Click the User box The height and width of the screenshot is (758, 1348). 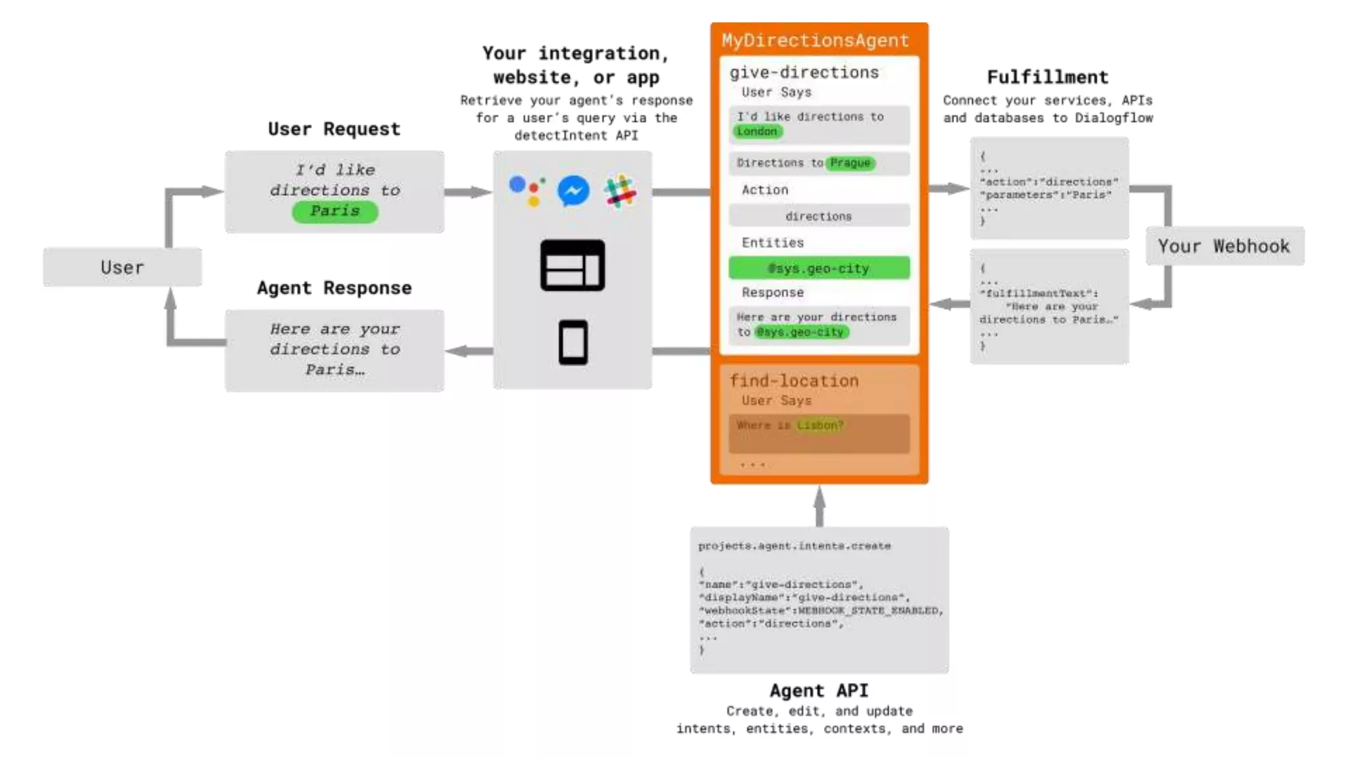(122, 267)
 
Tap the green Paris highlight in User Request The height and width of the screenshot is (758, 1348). (335, 211)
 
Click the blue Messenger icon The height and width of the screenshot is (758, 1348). (573, 191)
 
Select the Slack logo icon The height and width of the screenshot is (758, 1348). (619, 191)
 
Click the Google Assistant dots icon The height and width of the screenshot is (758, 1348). (527, 190)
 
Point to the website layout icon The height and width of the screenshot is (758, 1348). (573, 265)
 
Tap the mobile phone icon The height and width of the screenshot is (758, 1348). (573, 342)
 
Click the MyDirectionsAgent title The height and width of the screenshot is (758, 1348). (815, 40)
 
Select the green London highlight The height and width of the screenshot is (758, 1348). (757, 132)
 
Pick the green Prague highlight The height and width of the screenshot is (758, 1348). (850, 163)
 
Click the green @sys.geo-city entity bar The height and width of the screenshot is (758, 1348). (819, 268)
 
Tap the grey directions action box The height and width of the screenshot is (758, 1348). (819, 216)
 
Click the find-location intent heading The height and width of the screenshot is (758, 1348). (794, 381)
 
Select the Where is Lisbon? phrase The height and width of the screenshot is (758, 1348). (790, 425)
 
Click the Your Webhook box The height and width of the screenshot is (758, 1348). (1224, 246)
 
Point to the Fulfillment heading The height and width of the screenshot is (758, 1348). (1047, 78)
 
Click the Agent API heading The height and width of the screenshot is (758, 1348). (819, 690)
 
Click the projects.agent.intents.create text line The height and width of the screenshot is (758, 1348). (794, 546)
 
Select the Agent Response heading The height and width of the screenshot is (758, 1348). (334, 288)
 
